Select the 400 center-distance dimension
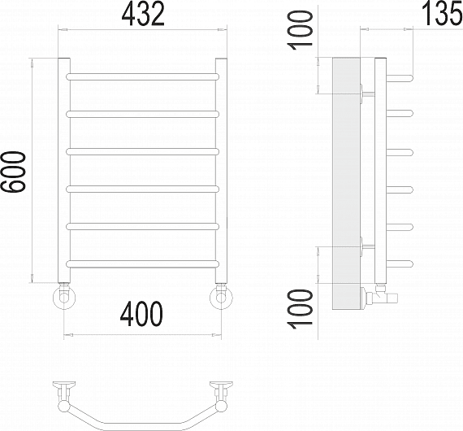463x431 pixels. coord(141,314)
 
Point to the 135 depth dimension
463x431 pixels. coord(442,13)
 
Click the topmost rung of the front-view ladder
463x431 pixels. coord(143,77)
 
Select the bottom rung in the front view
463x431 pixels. coord(143,263)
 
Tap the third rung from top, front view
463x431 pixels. coord(143,151)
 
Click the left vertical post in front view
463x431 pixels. coord(64,170)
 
